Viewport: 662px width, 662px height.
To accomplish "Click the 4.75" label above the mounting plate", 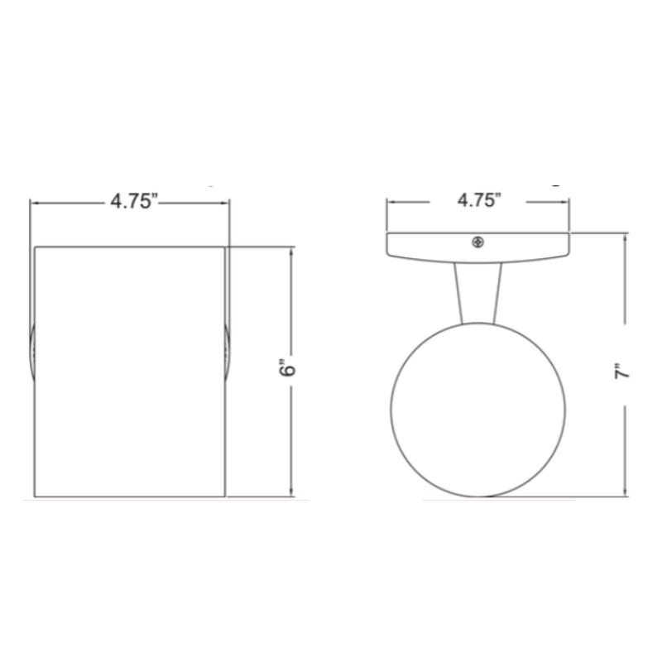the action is pos(479,200).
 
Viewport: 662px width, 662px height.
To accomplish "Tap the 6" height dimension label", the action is pos(288,368).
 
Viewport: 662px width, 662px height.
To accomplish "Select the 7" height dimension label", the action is pos(621,372).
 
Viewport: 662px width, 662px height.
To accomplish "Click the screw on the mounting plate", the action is pos(477,242).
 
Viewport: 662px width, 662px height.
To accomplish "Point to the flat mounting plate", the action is pos(478,247).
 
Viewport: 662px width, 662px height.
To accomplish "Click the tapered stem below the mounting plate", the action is pos(478,294).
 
